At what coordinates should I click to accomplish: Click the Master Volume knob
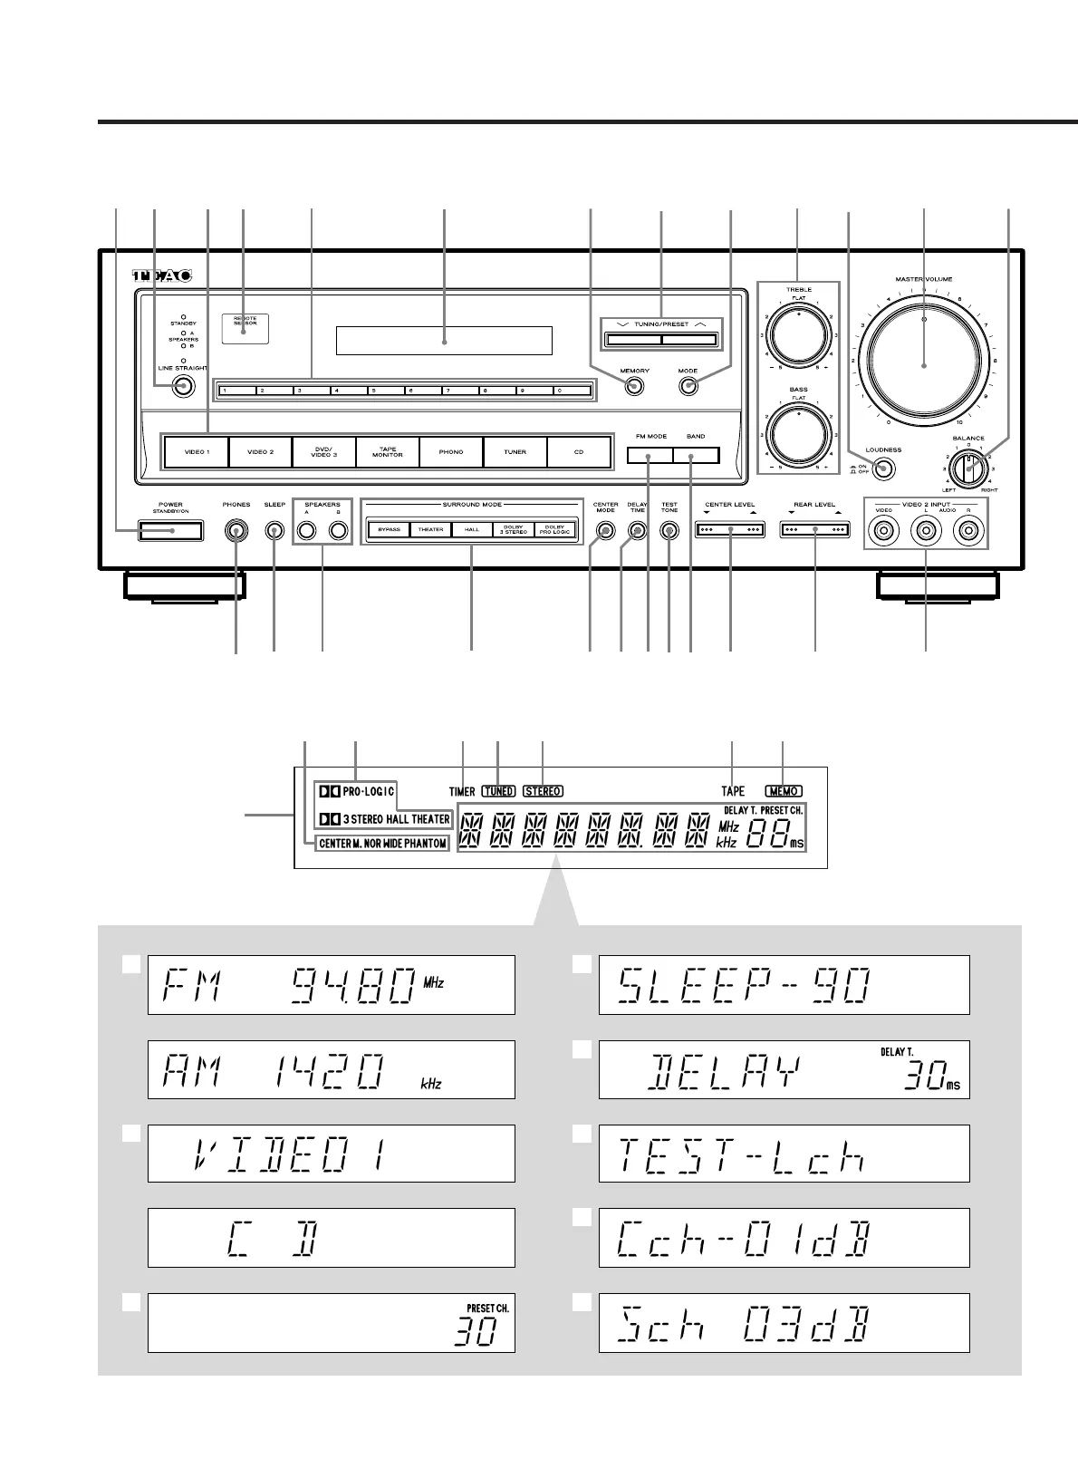(923, 365)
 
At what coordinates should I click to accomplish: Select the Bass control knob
(798, 434)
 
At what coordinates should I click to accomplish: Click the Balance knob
(968, 469)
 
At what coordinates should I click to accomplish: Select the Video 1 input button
(197, 451)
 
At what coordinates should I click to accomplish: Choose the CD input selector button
(579, 451)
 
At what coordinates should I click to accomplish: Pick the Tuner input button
(515, 451)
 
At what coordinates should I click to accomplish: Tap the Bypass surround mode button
(389, 530)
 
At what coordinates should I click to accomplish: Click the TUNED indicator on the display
(498, 791)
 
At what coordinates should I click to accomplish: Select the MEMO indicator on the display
(783, 791)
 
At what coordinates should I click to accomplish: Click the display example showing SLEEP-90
(784, 984)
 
